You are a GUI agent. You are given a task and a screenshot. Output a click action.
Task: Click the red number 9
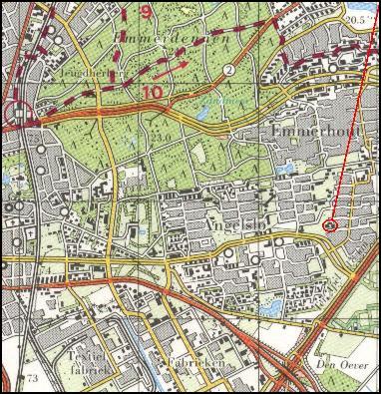click(x=147, y=13)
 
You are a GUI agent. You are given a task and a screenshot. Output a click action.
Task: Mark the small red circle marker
click(x=331, y=226)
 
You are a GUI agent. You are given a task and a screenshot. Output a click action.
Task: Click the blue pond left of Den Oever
click(x=269, y=310)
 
